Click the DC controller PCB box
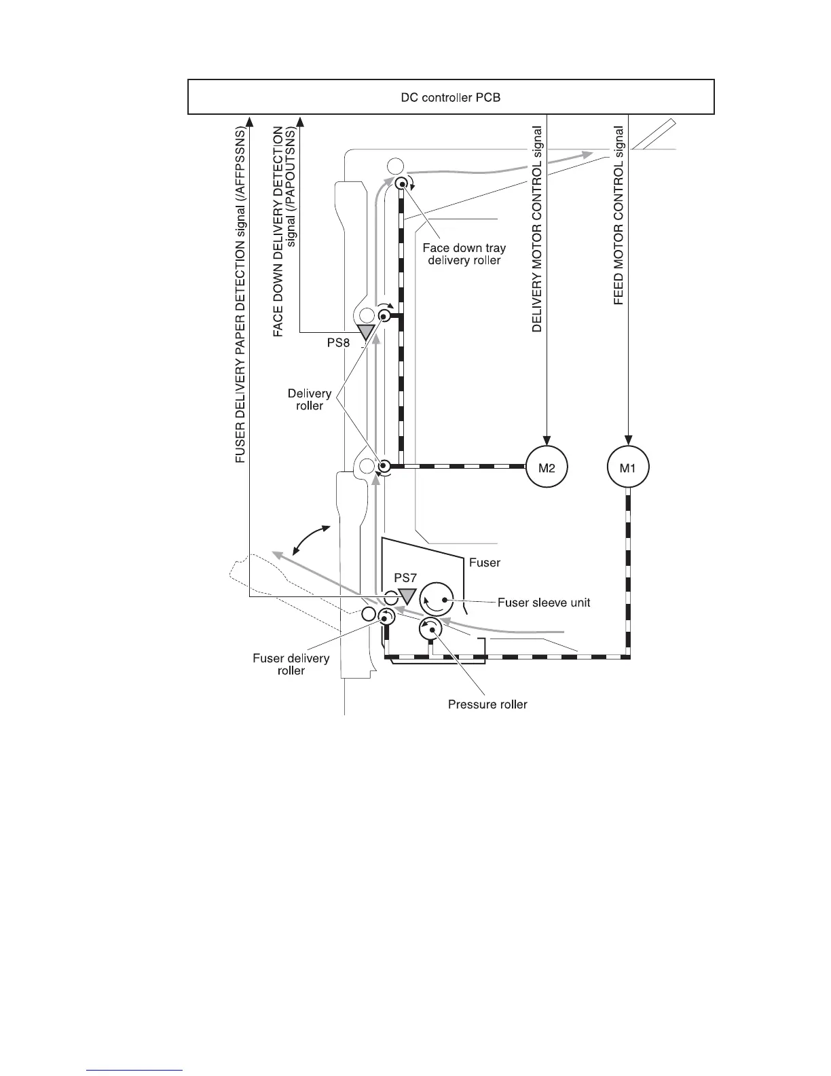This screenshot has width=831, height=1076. coord(451,97)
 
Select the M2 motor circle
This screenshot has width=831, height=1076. coord(547,467)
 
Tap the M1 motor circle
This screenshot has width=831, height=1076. coord(628,467)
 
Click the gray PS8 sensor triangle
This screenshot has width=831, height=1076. coord(366,331)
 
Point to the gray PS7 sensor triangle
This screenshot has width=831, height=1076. coord(407,596)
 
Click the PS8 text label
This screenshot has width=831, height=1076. coord(339,343)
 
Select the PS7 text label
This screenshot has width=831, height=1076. coord(405,577)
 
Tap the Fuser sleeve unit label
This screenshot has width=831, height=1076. coord(544,603)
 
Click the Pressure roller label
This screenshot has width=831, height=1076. coord(487,704)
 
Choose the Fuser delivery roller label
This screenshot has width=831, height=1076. coord(291,664)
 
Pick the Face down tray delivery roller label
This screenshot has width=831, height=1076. coord(464,254)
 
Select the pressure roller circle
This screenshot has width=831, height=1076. coord(430,631)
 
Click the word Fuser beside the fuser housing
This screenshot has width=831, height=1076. coord(485,562)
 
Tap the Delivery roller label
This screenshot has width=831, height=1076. coord(310,399)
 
